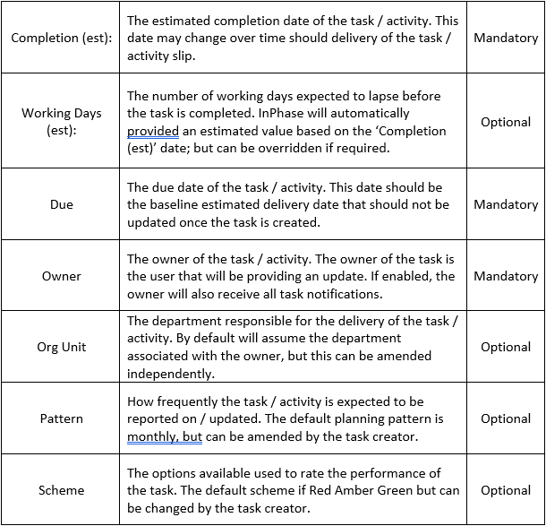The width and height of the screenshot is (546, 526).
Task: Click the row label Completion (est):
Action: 61,39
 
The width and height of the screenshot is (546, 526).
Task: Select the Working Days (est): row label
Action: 61,122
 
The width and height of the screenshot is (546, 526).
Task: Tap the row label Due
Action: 61,204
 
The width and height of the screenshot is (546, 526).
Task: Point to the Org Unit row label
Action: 61,347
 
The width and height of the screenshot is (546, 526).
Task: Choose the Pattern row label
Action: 61,418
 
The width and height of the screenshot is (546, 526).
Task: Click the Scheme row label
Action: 61,490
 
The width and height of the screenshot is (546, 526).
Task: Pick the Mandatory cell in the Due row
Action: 506,204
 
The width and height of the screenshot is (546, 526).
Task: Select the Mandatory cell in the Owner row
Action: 506,276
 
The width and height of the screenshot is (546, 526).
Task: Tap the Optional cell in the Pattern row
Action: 506,418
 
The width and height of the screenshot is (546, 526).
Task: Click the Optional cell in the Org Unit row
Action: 506,347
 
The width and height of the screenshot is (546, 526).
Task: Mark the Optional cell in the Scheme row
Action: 506,490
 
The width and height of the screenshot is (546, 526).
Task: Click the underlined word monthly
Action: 153,436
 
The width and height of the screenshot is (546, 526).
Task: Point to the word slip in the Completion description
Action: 190,56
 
